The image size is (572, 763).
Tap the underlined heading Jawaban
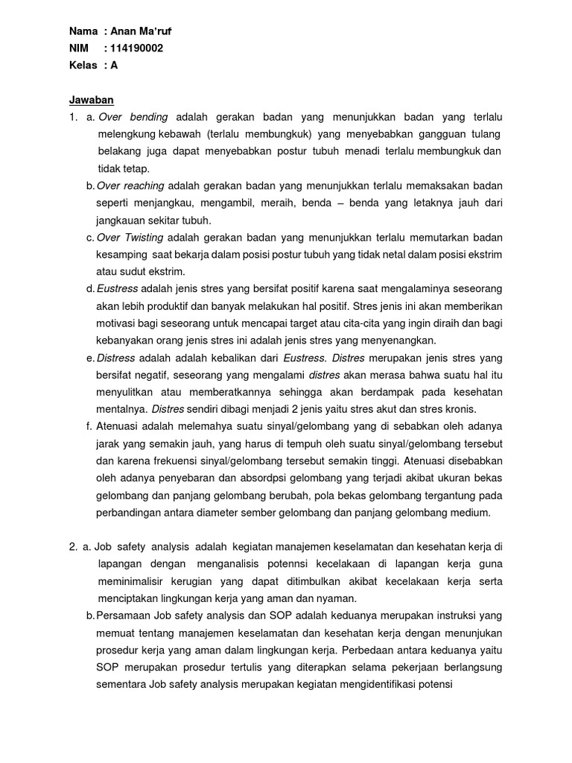click(x=91, y=100)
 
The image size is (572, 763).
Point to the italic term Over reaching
click(x=131, y=186)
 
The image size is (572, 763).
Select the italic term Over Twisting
click(x=131, y=238)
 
